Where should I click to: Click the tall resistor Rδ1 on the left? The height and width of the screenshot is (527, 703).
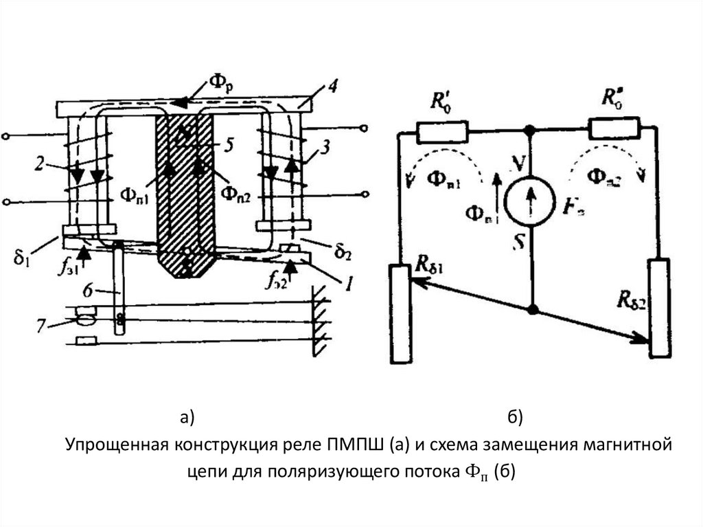399,313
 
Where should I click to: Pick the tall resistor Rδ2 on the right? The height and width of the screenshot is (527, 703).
660,307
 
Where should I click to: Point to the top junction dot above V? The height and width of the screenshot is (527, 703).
529,129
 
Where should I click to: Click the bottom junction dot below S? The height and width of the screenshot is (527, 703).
532,309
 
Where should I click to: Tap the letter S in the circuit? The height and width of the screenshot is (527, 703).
524,243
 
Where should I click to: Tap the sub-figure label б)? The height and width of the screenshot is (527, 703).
516,416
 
